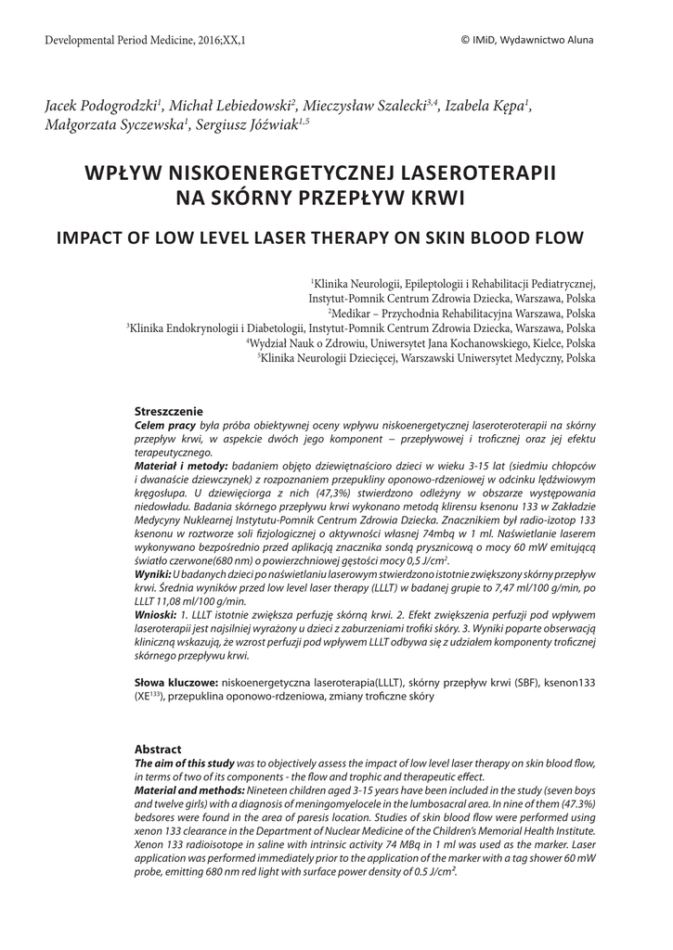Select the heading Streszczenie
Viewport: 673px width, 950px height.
(169, 411)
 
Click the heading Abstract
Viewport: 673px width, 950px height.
(158, 749)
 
